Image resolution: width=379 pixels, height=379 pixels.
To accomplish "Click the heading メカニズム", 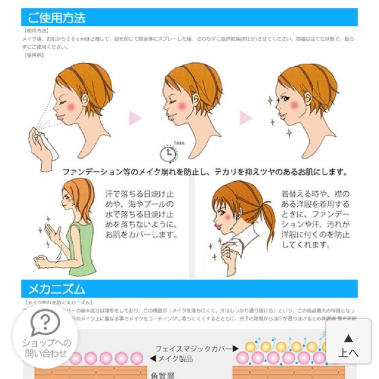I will pyautogui.click(x=57, y=289).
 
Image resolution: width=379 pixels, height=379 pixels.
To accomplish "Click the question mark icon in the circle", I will pyautogui.click(x=41, y=324).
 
